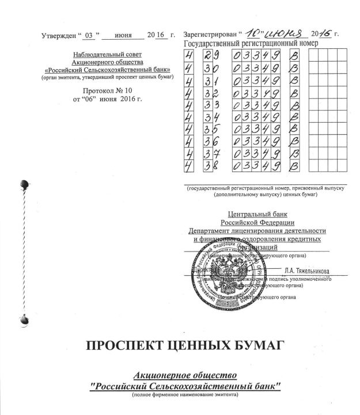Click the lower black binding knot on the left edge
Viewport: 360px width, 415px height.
point(23,318)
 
